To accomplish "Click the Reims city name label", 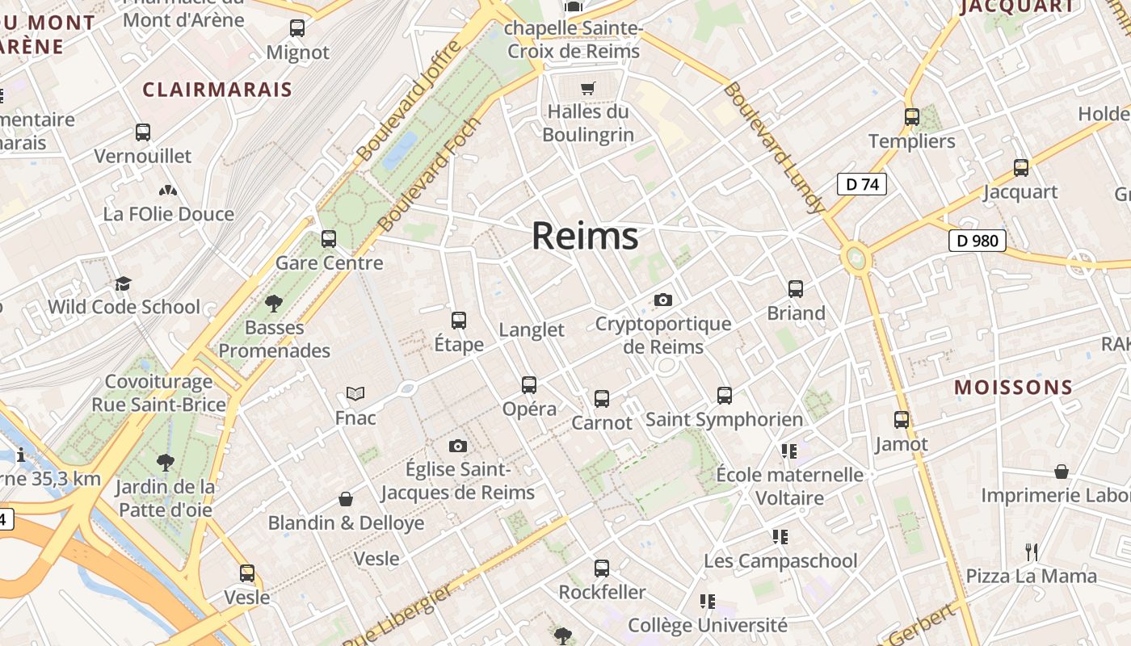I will [x=585, y=236].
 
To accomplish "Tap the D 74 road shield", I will [x=861, y=184].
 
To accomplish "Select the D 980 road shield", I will [x=977, y=240].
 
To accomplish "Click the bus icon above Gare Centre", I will [x=329, y=239].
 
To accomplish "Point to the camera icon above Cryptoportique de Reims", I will [x=663, y=300].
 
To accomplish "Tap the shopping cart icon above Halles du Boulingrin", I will [x=588, y=88].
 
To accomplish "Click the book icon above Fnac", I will [x=355, y=394].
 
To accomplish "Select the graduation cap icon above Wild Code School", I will [x=123, y=283].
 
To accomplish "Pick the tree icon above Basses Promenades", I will [x=274, y=304].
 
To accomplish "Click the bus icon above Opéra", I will [x=529, y=385].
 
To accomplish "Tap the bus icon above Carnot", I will [x=602, y=399].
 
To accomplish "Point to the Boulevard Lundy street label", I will [x=774, y=148].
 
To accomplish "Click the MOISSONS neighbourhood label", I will [x=1013, y=388].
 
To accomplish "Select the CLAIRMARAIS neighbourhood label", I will [x=217, y=90].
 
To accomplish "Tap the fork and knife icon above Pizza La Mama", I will [x=1032, y=552].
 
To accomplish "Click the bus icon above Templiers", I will [x=912, y=117].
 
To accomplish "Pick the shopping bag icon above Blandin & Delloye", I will [x=346, y=500].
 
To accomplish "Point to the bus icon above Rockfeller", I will [x=602, y=568].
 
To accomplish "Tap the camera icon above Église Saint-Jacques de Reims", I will [x=458, y=447].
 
